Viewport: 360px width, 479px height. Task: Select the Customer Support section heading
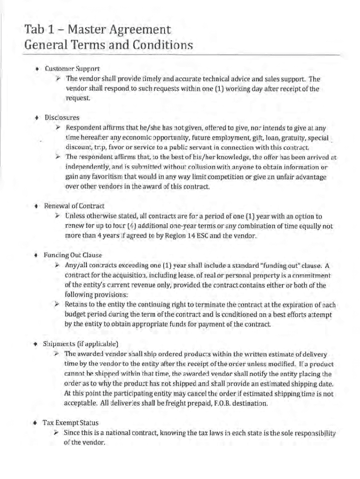[x=72, y=69]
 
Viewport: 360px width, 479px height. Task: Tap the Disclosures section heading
[x=62, y=117]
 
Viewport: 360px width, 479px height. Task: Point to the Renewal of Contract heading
[x=74, y=206]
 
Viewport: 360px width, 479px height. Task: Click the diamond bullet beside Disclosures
[x=36, y=117]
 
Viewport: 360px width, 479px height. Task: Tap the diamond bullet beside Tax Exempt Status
[x=35, y=422]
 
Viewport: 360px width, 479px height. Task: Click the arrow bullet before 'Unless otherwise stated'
[x=57, y=216]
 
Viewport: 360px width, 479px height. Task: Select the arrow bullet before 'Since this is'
[x=57, y=432]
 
